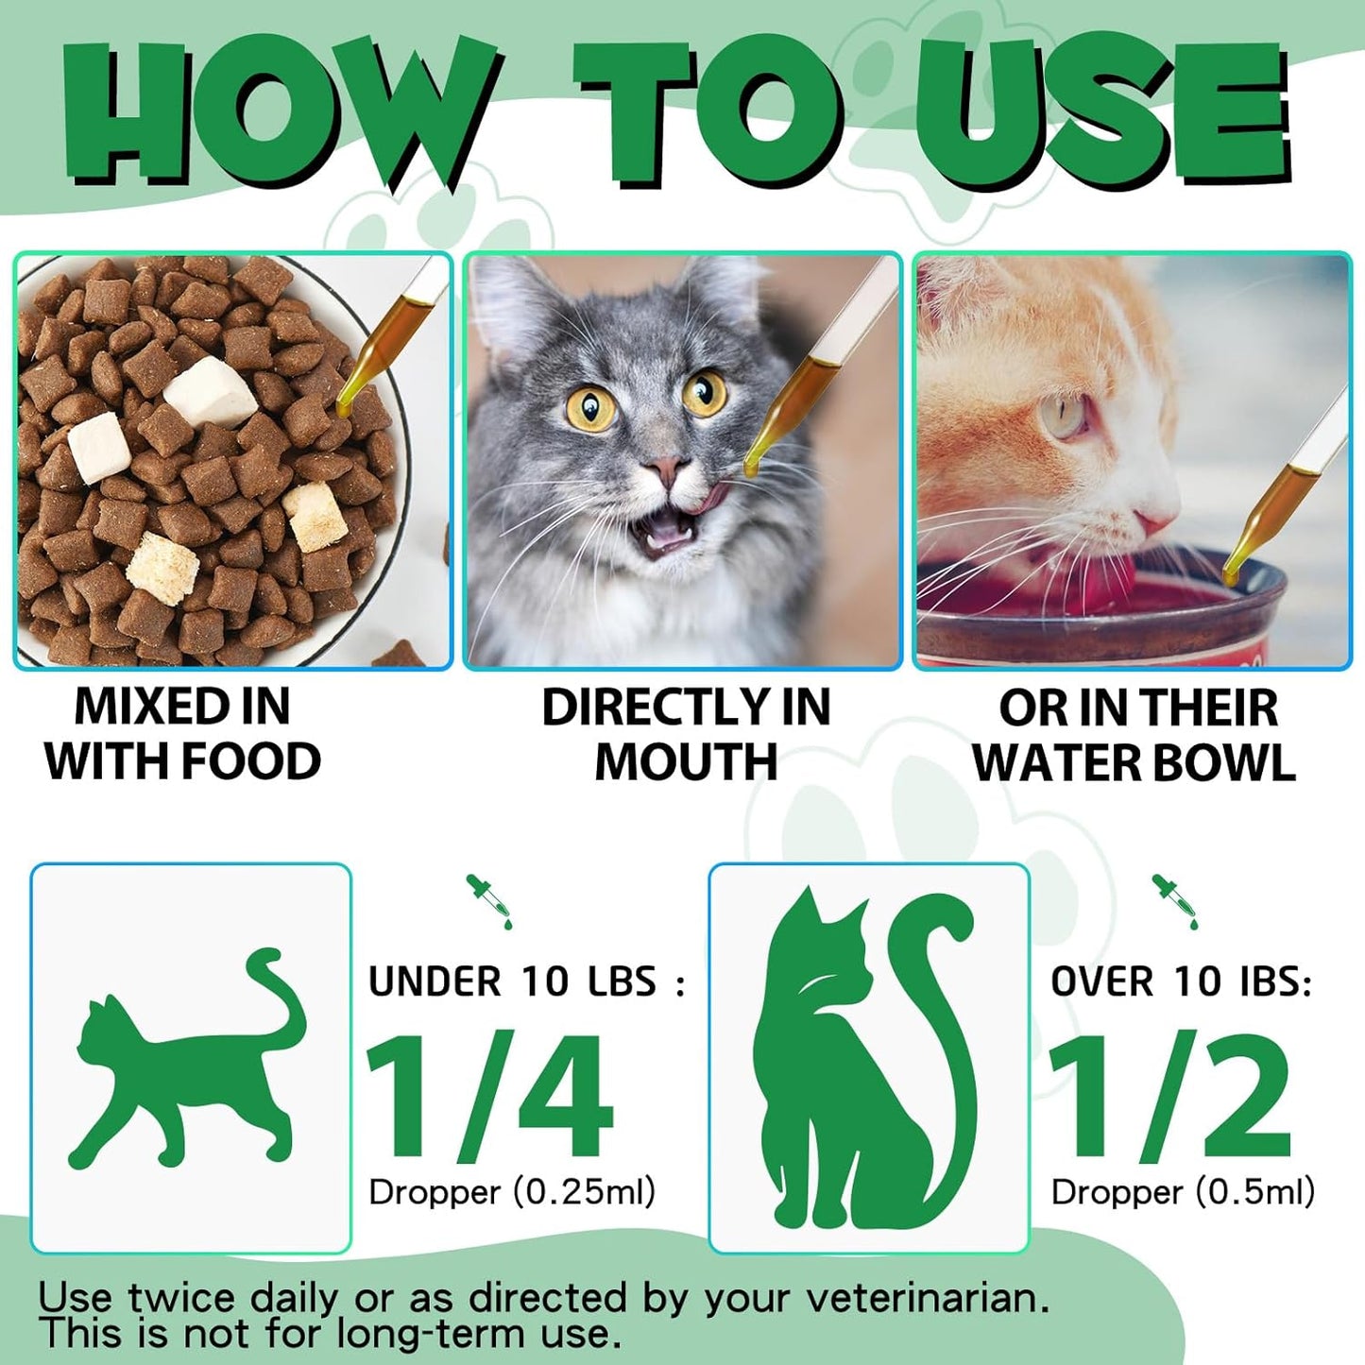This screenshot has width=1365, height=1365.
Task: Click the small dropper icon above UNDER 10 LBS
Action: click(488, 900)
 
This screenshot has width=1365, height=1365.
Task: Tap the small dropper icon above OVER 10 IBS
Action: click(1174, 900)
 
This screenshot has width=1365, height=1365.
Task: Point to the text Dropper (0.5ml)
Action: click(1183, 1192)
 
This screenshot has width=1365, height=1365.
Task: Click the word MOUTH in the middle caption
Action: click(686, 761)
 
